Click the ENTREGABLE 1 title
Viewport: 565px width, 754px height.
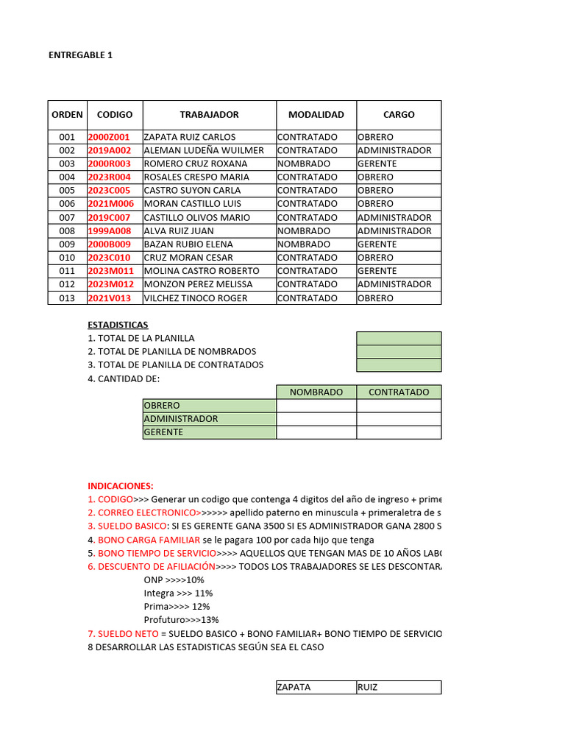click(x=80, y=55)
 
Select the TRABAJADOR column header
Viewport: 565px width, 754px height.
click(x=209, y=115)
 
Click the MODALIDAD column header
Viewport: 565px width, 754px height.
click(x=316, y=115)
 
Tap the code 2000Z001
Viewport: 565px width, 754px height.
click(x=108, y=137)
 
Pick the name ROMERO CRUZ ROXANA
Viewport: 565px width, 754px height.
click(x=195, y=163)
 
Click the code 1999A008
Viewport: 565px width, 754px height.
click(x=109, y=230)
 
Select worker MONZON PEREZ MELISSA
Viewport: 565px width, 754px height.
click(x=198, y=284)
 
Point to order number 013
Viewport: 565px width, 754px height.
click(x=67, y=298)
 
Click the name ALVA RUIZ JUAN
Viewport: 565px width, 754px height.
click(x=179, y=230)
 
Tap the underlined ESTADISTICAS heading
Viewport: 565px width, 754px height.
click(x=118, y=325)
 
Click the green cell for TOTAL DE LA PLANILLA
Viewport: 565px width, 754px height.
click(x=399, y=339)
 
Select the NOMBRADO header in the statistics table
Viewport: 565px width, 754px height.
click(x=316, y=392)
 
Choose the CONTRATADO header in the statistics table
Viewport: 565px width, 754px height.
click(x=399, y=392)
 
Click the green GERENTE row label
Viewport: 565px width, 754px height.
click(x=210, y=432)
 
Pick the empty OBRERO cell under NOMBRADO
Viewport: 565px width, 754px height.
click(x=316, y=406)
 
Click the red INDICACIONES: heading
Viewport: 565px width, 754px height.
click(x=121, y=486)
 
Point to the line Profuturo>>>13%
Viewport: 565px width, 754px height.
click(x=181, y=620)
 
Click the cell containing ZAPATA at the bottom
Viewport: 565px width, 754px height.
click(x=316, y=687)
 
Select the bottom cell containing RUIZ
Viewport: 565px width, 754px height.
click(x=399, y=687)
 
